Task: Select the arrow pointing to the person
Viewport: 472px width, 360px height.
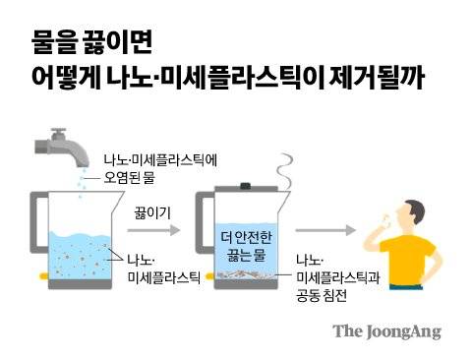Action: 330,230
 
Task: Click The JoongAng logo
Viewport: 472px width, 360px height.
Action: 386,331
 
